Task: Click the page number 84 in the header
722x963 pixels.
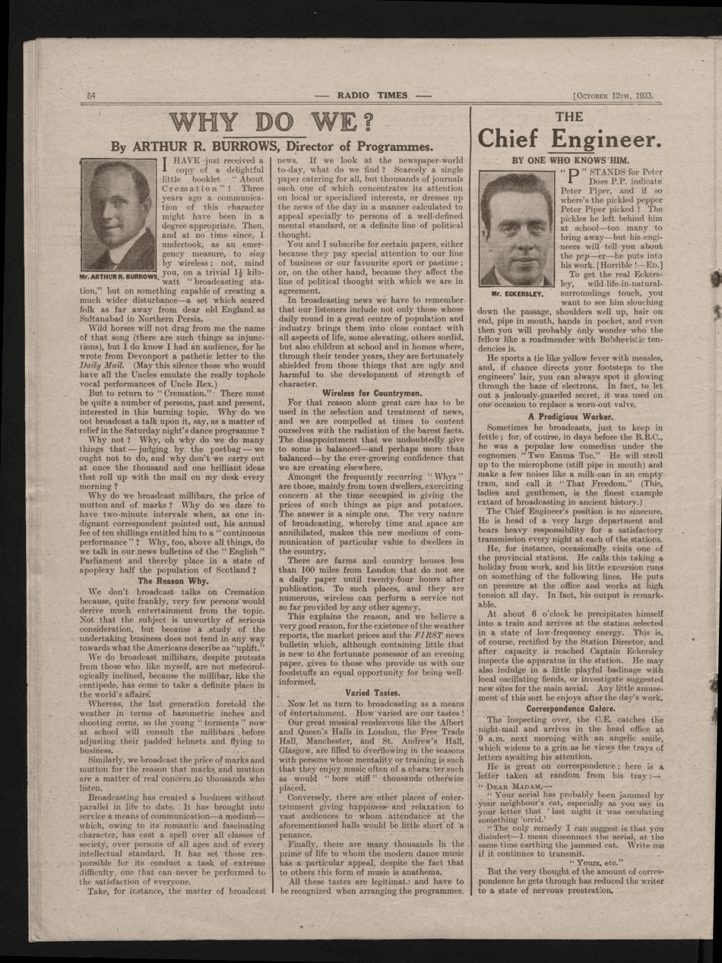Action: click(90, 96)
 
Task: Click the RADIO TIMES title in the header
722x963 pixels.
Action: click(372, 96)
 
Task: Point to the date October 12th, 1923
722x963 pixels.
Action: click(615, 96)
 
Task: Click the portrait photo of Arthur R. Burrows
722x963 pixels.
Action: click(119, 215)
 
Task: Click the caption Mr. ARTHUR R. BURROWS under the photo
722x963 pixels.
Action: click(119, 277)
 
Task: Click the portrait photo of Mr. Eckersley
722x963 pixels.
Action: click(517, 229)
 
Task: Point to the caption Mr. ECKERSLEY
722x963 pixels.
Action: click(517, 293)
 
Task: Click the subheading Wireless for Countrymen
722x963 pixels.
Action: click(372, 393)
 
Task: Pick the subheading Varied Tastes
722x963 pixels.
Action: click(372, 693)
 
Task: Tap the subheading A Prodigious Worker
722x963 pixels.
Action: click(570, 417)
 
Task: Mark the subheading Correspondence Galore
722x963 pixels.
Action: click(570, 709)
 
